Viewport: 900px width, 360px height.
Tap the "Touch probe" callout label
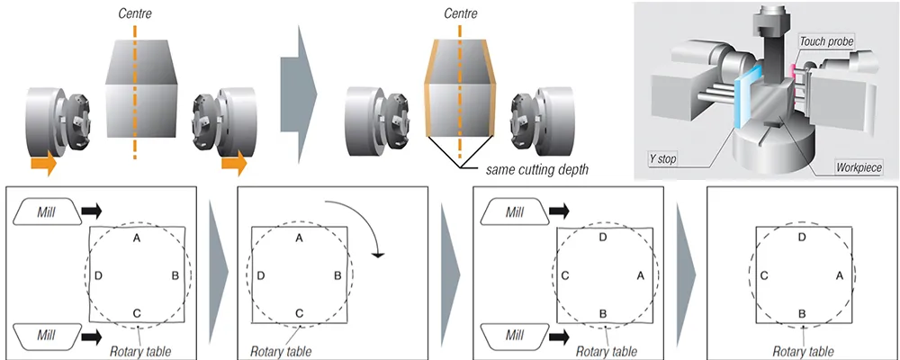click(x=826, y=42)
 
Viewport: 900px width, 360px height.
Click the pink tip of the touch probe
click(x=793, y=68)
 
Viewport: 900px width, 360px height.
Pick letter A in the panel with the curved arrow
click(x=299, y=238)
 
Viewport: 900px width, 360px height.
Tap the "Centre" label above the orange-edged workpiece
click(x=461, y=14)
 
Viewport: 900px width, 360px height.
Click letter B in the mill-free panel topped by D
click(x=802, y=312)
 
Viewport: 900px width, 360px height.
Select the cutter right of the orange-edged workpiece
click(x=539, y=108)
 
